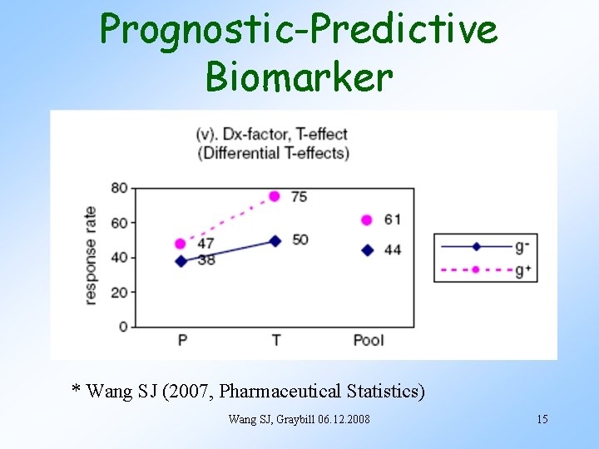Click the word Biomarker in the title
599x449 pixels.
click(299, 76)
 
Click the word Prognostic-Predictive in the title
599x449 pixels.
click(299, 29)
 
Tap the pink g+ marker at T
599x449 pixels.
click(275, 196)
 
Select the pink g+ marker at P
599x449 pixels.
click(181, 244)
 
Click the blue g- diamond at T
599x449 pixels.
click(275, 240)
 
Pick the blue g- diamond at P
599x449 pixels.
click(181, 261)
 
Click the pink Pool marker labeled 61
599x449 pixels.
click(367, 220)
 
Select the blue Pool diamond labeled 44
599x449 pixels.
click(368, 250)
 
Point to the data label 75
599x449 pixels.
click(299, 197)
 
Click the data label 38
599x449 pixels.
click(205, 260)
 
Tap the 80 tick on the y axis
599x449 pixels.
click(119, 188)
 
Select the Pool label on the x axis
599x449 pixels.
click(369, 340)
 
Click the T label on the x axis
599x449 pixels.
click(275, 340)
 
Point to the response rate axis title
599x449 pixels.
click(91, 256)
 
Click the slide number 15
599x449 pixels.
click(542, 419)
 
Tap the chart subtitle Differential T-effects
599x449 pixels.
click(272, 153)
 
